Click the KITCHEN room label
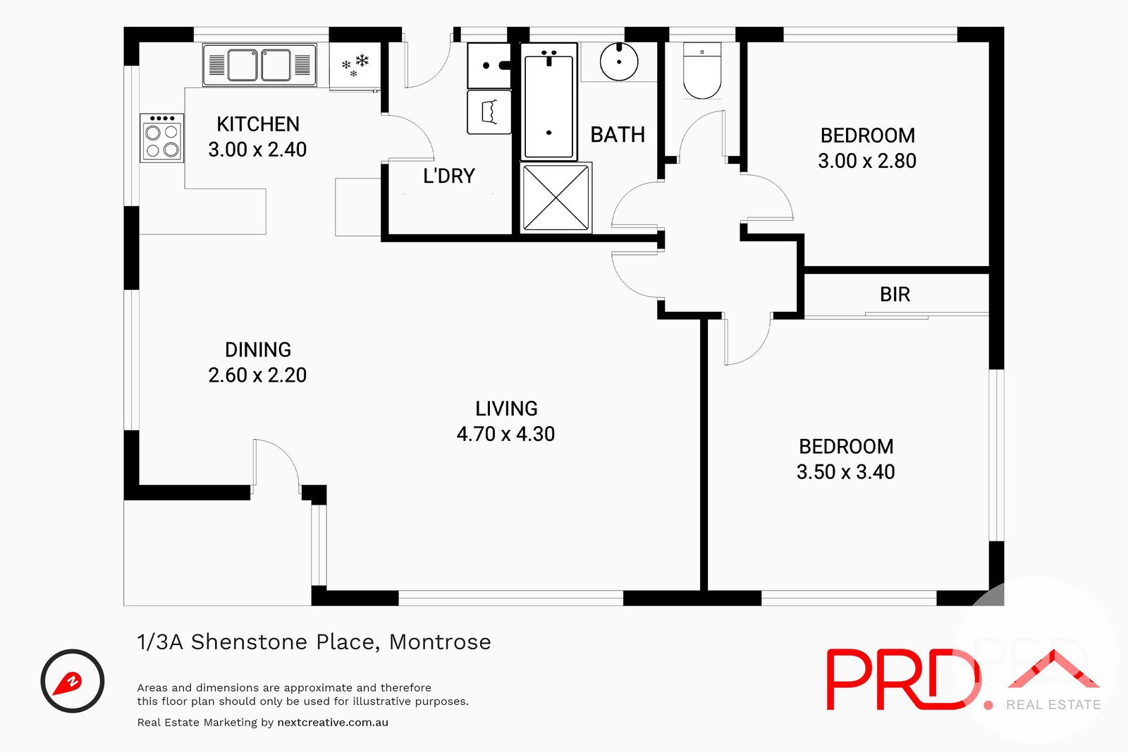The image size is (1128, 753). pyautogui.click(x=258, y=124)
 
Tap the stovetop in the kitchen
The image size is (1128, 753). pyautogui.click(x=161, y=138)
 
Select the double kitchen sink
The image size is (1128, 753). pyautogui.click(x=259, y=65)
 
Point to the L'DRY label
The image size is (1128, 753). pyautogui.click(x=448, y=176)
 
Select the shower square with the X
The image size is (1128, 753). pyautogui.click(x=556, y=198)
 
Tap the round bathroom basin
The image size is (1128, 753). pyautogui.click(x=619, y=62)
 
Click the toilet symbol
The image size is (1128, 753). pyautogui.click(x=702, y=71)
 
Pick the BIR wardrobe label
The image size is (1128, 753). pyautogui.click(x=895, y=294)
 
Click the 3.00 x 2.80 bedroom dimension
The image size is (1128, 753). pyautogui.click(x=866, y=162)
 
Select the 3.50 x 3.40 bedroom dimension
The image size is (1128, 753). pyautogui.click(x=845, y=472)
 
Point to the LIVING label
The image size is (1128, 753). pyautogui.click(x=506, y=409)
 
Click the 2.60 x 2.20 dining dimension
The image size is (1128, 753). pyautogui.click(x=257, y=375)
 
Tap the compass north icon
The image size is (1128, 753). pyautogui.click(x=73, y=681)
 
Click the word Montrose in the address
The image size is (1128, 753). pyautogui.click(x=440, y=642)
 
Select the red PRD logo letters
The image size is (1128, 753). pyautogui.click(x=903, y=679)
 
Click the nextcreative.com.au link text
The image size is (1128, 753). pyautogui.click(x=333, y=722)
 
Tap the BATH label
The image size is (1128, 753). pyautogui.click(x=618, y=135)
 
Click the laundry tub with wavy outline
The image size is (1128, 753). pyautogui.click(x=489, y=112)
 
